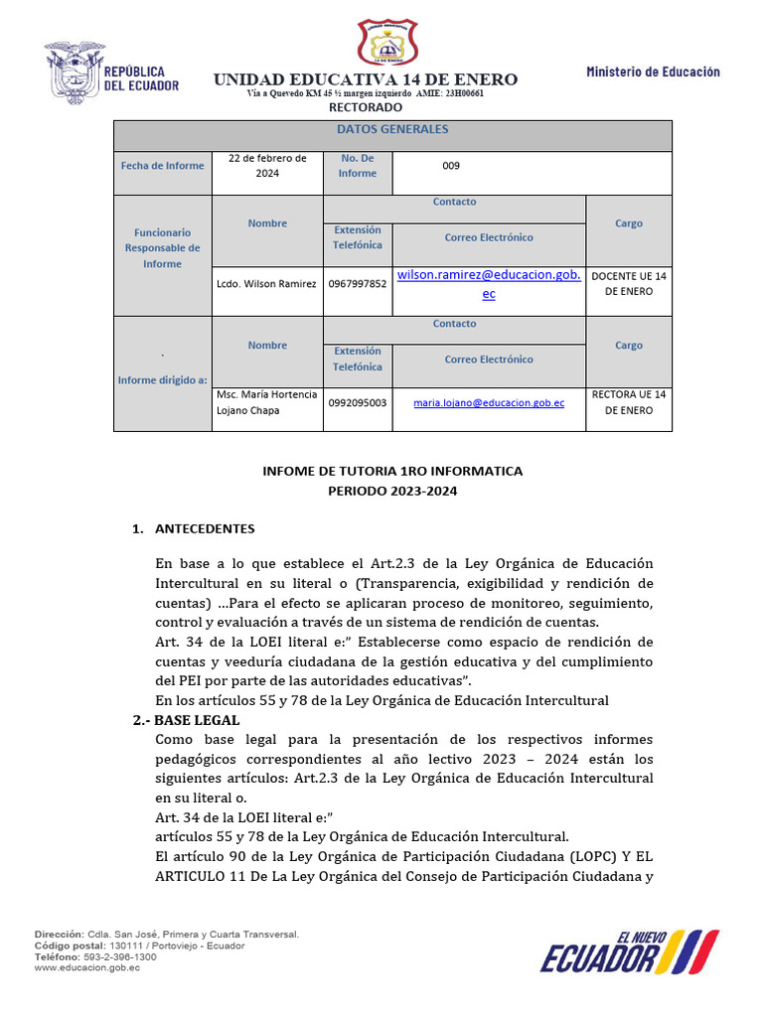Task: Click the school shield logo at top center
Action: (393, 45)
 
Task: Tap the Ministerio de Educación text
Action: (653, 72)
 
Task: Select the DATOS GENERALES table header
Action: (392, 130)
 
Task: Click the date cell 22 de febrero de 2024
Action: (267, 166)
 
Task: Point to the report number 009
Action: (451, 166)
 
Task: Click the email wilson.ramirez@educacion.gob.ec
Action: (488, 283)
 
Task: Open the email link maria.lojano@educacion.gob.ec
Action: (489, 403)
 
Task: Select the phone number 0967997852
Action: (358, 284)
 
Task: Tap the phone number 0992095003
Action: (358, 403)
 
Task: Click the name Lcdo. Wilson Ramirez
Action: (266, 284)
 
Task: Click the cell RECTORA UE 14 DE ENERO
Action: (629, 402)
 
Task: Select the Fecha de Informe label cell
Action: (163, 166)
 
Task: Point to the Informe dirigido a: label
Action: (162, 380)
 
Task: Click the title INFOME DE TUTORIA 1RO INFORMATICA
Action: (392, 471)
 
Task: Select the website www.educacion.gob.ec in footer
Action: (87, 967)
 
